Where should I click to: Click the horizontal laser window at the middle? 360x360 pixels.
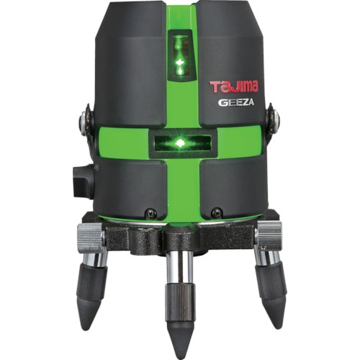click(x=181, y=143)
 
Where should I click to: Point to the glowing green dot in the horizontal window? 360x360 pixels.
click(x=181, y=144)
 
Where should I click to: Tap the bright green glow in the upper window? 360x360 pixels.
click(x=180, y=63)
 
